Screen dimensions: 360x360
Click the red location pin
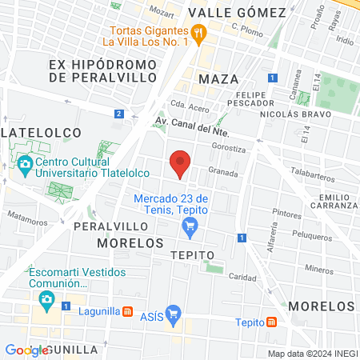coord(181,162)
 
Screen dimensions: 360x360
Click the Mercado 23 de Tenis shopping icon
coord(190,226)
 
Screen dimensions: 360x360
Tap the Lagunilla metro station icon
coord(126,311)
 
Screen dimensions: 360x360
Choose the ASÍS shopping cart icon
coord(173,313)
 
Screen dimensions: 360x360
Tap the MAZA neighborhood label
coord(218,79)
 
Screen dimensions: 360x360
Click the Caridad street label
coord(242,277)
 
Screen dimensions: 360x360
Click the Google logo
coord(26,350)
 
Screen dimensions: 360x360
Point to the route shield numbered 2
coord(118,114)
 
